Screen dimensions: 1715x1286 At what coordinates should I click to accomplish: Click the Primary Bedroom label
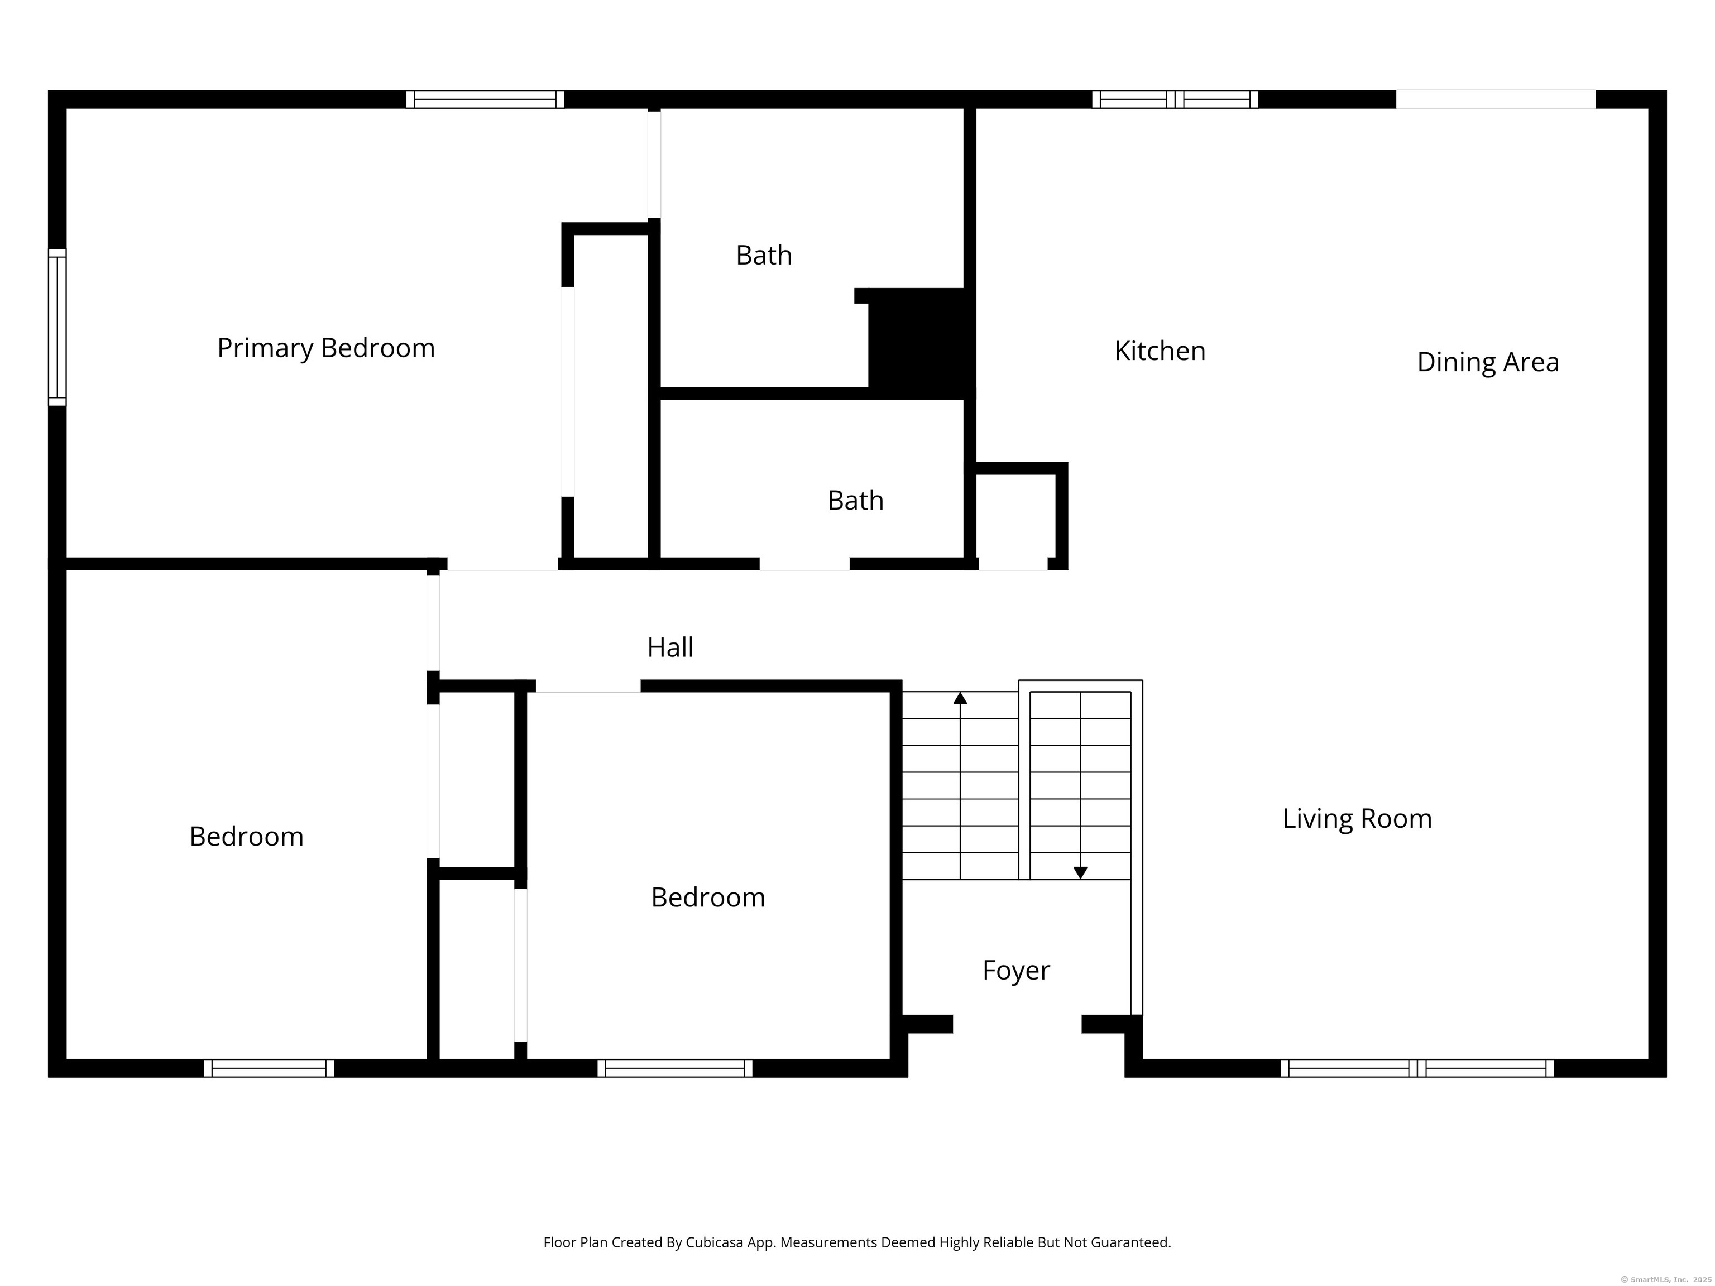pos(325,348)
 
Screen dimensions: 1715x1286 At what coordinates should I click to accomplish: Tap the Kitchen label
pos(1160,351)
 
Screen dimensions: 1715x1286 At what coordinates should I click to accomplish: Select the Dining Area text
pos(1488,362)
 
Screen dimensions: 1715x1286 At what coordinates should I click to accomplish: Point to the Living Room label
pos(1357,819)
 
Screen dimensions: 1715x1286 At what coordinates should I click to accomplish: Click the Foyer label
pos(1015,971)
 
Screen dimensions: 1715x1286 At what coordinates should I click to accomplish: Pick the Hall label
pos(670,647)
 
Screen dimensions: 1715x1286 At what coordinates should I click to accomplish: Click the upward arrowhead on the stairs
pos(960,698)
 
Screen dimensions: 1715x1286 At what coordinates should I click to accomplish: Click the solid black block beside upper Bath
pos(919,343)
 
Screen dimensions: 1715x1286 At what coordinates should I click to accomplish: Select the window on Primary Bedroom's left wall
pos(58,327)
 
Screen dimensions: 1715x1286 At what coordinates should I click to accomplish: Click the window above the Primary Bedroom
pos(485,99)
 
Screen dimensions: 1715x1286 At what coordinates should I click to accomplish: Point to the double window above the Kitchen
pos(1175,99)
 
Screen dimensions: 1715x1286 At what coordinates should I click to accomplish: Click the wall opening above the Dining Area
pos(1496,99)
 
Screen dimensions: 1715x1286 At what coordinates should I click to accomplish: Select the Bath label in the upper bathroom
pos(764,255)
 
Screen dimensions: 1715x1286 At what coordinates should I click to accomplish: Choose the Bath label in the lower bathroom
pos(855,501)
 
